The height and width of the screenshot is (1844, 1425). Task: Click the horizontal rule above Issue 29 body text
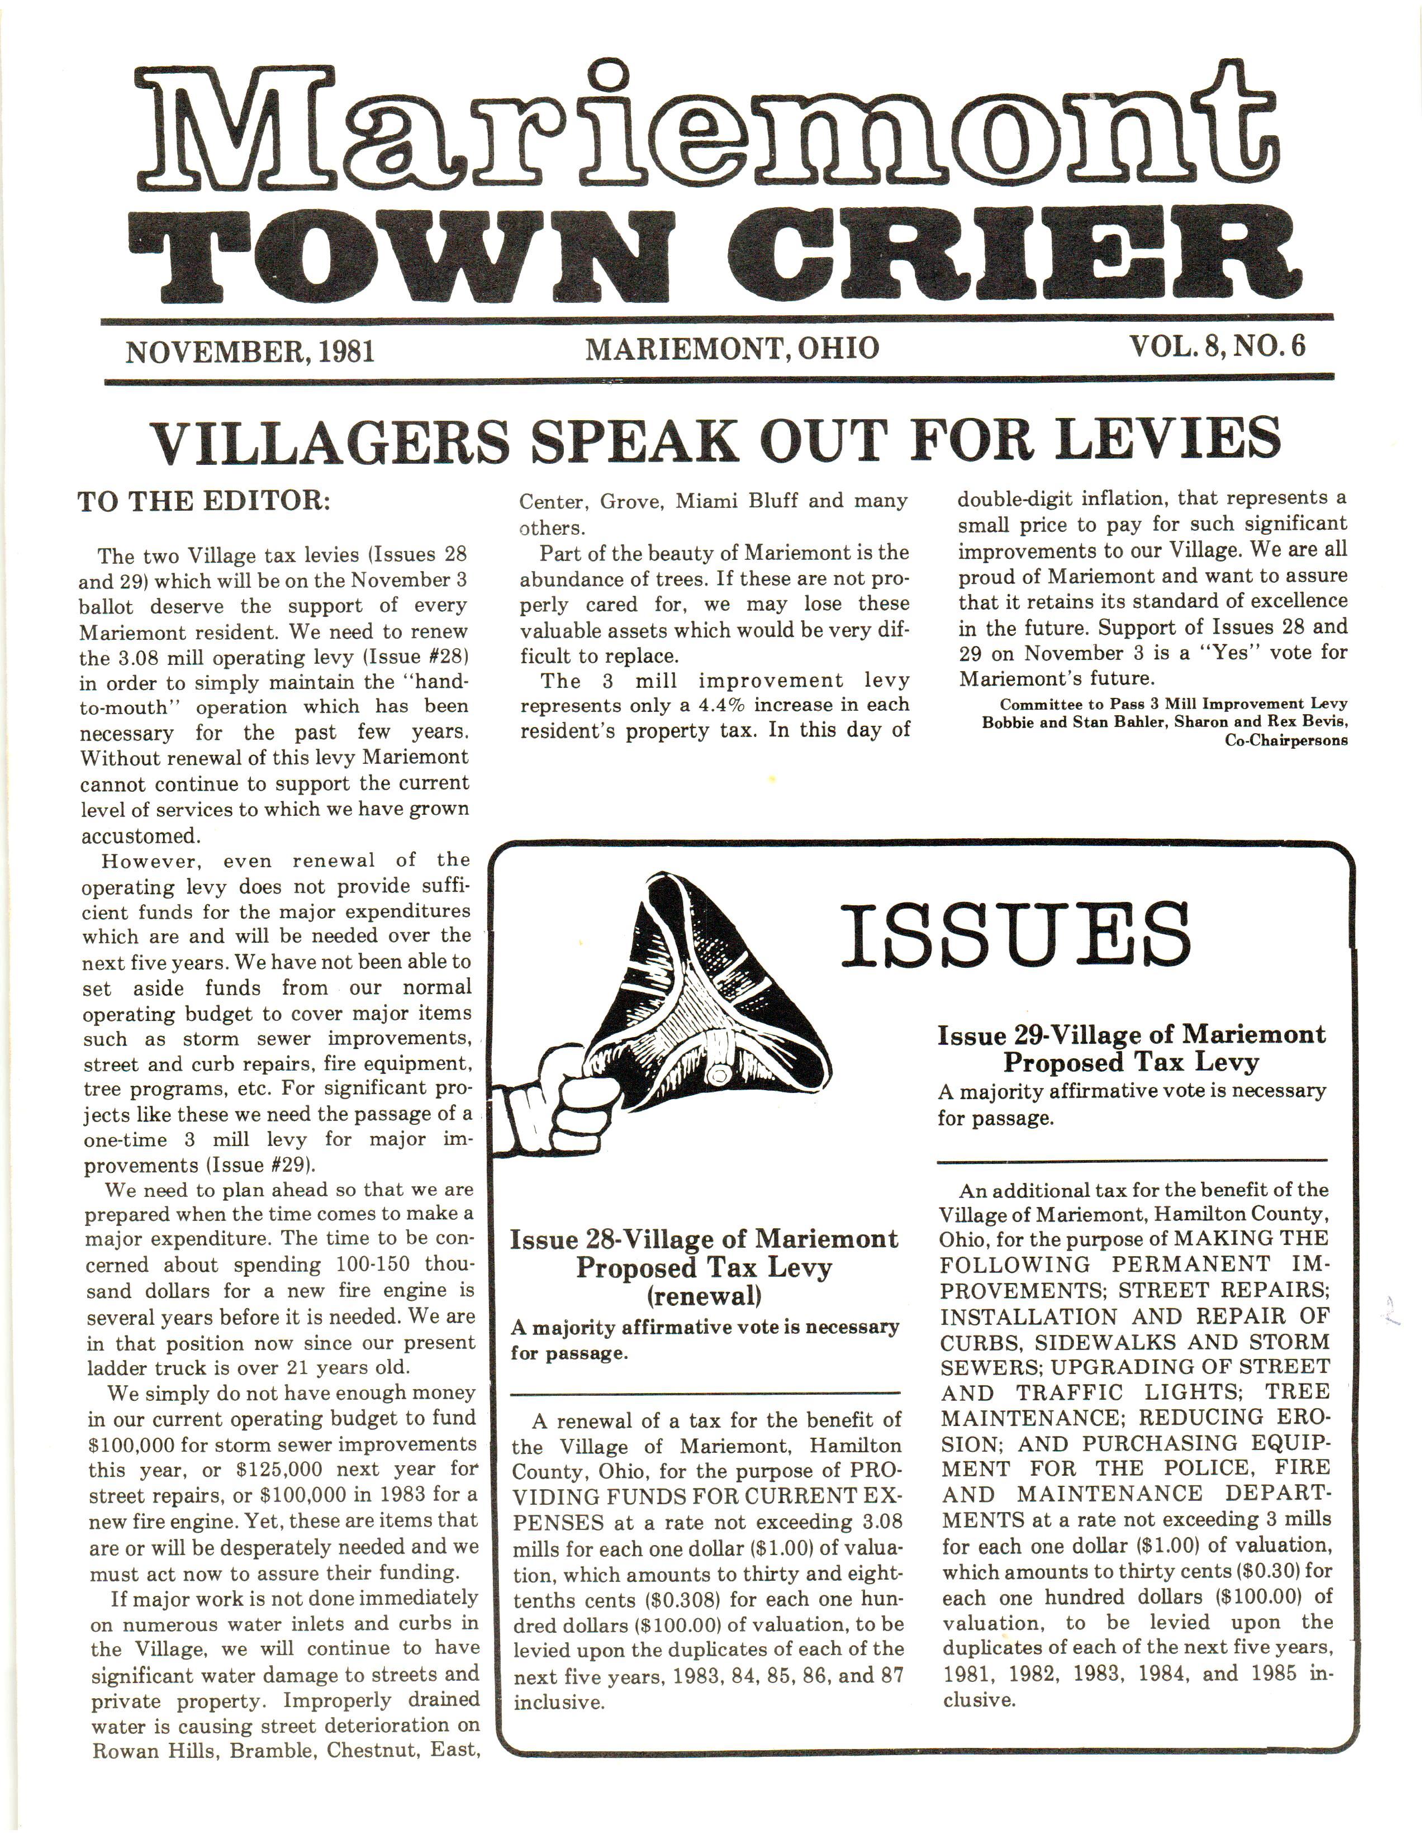[1132, 1160]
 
